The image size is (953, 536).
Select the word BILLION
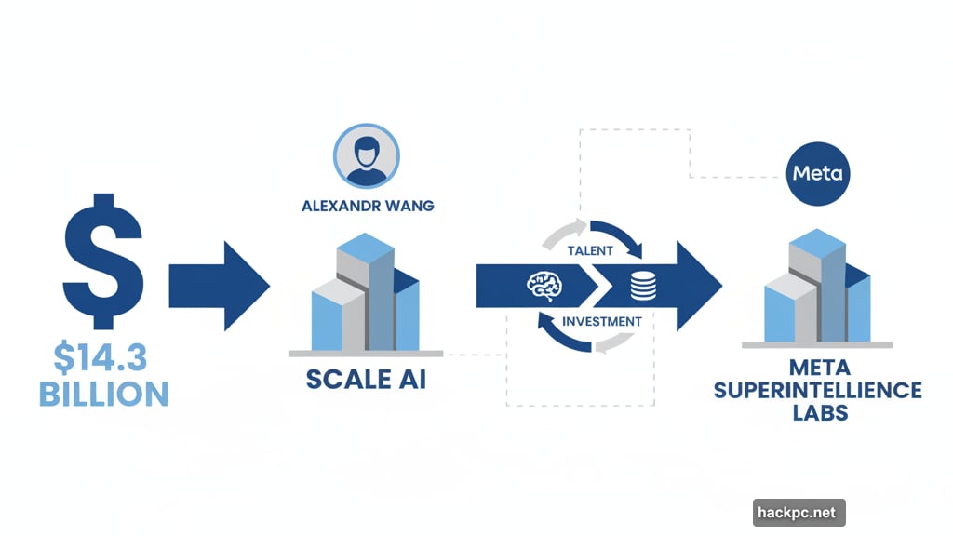point(103,393)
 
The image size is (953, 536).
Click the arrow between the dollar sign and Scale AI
point(220,284)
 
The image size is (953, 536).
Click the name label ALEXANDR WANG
point(368,207)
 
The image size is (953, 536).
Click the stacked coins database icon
point(643,286)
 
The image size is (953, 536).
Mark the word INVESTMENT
point(601,321)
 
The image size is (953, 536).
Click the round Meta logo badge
point(816,174)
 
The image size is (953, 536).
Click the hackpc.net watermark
point(798,512)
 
